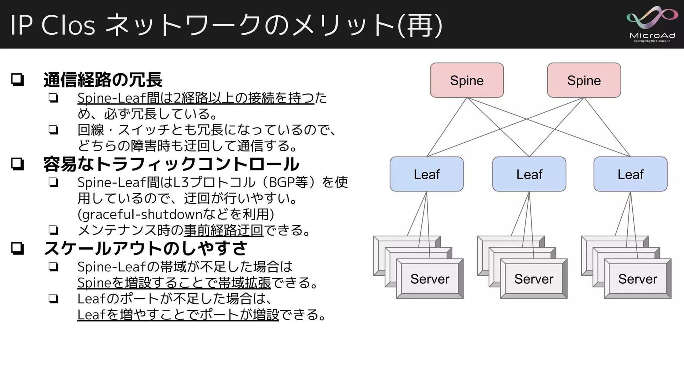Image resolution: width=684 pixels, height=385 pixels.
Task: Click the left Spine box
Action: (467, 80)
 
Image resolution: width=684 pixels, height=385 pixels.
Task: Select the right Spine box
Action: (584, 80)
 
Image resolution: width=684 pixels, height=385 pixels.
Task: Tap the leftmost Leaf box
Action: (426, 174)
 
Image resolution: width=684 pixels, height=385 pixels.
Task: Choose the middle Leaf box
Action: (529, 174)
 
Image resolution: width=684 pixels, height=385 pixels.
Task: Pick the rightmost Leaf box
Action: (630, 174)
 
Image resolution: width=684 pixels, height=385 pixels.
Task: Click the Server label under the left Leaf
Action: (430, 279)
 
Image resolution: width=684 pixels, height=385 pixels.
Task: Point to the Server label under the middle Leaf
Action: (534, 279)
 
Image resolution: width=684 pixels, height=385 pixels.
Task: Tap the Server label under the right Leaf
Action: (638, 279)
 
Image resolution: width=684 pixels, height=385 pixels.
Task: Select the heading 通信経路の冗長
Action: (103, 80)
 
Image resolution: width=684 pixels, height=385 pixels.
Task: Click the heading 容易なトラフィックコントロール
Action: (171, 164)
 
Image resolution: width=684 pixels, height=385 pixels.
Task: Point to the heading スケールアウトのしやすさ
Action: (145, 248)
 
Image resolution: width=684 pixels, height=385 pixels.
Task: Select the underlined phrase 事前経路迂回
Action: (223, 230)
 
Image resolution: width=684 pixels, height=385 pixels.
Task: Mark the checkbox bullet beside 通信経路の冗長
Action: (17, 79)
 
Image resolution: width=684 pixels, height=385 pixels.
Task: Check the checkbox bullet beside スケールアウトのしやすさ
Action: (17, 248)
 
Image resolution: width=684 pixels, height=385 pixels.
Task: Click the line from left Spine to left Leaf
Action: (447, 127)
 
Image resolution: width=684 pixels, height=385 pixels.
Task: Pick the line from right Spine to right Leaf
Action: (607, 127)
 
